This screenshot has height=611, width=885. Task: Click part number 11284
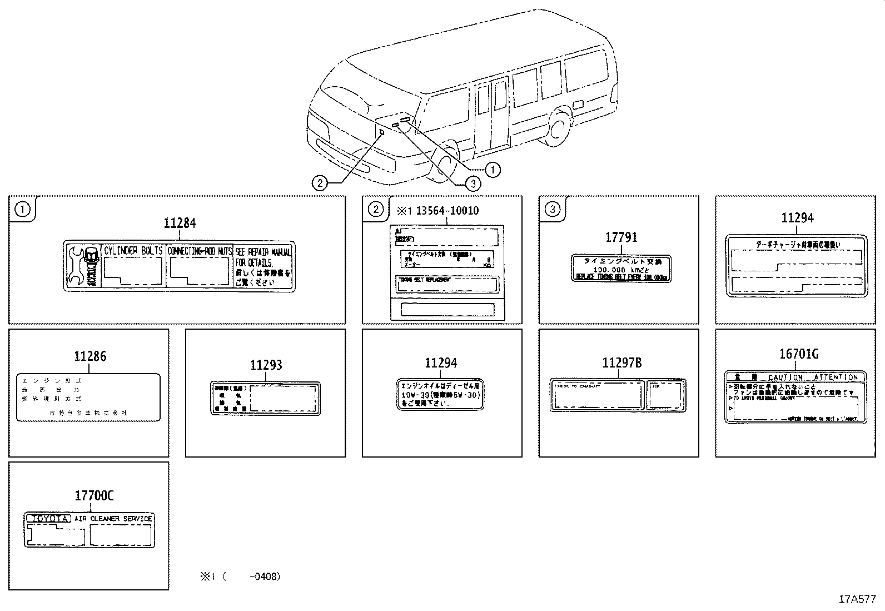pos(180,223)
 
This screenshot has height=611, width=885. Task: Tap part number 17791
pos(621,237)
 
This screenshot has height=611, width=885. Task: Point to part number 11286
pos(90,356)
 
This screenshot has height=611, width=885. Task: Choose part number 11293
pos(266,365)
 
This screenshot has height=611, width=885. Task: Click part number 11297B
pos(622,363)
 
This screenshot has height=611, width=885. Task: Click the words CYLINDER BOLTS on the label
pos(133,251)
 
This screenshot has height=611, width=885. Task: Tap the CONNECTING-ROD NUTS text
pos(200,251)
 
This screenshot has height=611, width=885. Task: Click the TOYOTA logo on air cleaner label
pos(49,519)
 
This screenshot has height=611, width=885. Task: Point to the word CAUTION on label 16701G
pos(785,377)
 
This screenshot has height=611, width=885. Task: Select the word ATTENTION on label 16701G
pos(836,377)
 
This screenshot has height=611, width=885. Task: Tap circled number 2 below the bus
pos(319,183)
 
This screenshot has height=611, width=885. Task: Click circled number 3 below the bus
pos(473,183)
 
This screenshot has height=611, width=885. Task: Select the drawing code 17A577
pos(857,599)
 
